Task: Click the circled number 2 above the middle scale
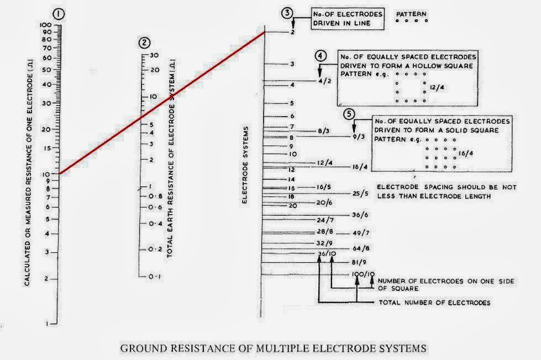[144, 43]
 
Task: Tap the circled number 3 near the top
[286, 13]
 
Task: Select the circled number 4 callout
[321, 56]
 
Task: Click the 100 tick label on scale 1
[45, 25]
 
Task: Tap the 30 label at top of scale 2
[155, 55]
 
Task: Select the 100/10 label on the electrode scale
[364, 274]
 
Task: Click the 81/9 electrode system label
[360, 262]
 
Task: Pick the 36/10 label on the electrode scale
[327, 253]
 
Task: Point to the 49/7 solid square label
[360, 233]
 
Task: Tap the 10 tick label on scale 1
[46, 174]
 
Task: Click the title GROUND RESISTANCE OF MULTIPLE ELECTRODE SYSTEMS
[273, 348]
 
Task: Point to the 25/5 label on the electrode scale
[360, 194]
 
